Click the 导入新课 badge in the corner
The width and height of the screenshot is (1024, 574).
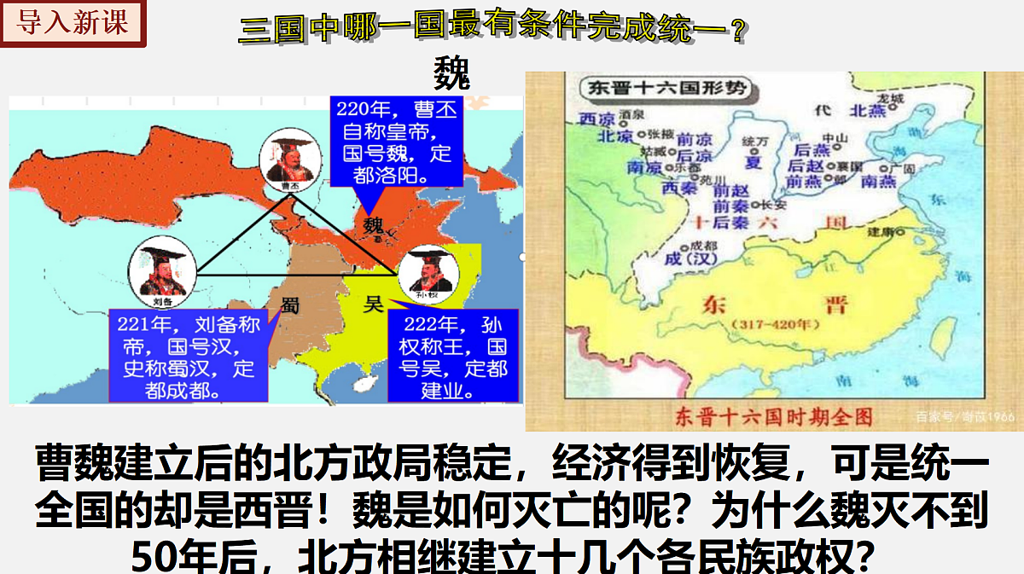pos(73,23)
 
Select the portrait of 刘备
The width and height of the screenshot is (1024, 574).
pos(162,269)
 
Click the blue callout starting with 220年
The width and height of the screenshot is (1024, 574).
pos(395,142)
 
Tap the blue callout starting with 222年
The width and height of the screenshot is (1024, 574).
pos(452,357)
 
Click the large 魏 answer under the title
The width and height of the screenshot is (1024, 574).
pos(451,73)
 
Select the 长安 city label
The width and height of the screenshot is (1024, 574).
pos(772,205)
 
